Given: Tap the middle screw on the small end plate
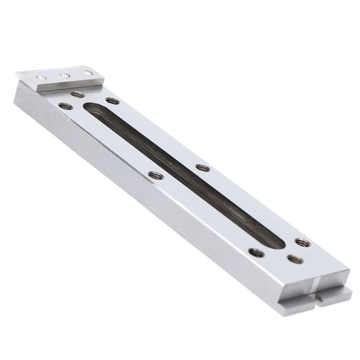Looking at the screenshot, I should pos(64,76).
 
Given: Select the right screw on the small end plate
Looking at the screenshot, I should pos(87,73).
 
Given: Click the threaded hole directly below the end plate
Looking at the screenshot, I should pos(77,94).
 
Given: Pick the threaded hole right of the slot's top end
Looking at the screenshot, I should pos(112,101).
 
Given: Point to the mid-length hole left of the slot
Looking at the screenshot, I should pos(156,176).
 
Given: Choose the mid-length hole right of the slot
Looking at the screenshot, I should pos(202,167).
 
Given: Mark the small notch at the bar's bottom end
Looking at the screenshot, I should pos(317,299).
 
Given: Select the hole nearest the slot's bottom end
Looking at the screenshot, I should pos(302,242).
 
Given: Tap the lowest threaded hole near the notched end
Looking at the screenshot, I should pos(294,259).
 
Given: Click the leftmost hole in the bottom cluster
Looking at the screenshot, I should pos(256,252).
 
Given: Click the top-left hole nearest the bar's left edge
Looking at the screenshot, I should pos(65,106).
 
